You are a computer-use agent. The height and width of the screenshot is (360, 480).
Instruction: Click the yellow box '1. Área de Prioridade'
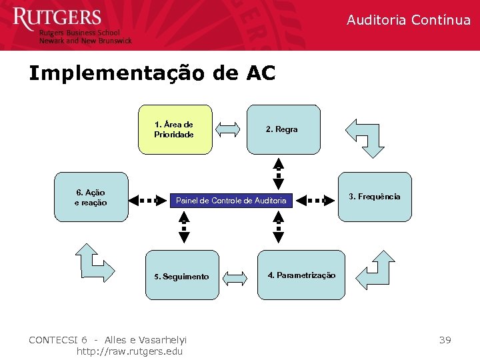174,129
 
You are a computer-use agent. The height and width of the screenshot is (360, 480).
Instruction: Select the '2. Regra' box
283,129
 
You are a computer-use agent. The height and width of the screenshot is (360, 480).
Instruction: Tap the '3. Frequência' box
375,197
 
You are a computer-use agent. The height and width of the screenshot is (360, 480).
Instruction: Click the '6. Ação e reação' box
91,198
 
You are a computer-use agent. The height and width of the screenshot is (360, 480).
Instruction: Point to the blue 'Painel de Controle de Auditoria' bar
231,200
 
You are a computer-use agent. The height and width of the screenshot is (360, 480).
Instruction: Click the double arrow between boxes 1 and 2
229,129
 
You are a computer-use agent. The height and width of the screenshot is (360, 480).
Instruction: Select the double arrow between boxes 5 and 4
235,276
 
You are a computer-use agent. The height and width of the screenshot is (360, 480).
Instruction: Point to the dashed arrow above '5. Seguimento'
184,227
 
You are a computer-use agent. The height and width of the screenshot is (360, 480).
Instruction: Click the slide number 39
445,340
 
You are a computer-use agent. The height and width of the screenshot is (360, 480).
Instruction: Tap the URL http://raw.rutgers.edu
129,351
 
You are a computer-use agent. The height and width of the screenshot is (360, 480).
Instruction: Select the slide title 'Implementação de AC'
152,73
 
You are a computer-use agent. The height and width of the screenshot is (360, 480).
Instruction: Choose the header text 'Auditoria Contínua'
408,20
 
